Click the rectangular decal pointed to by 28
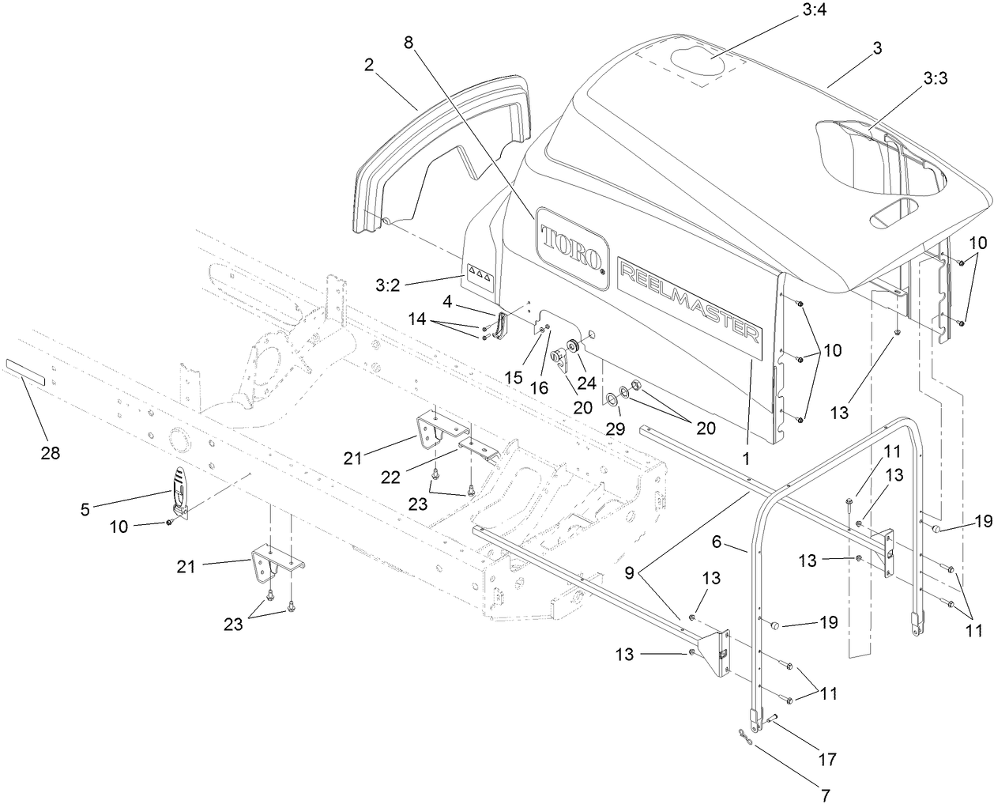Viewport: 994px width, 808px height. tap(26, 370)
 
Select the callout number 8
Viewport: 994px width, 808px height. tap(408, 43)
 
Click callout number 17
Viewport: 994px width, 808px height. tap(828, 760)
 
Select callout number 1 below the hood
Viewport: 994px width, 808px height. tap(745, 456)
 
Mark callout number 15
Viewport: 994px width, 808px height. tap(514, 377)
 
